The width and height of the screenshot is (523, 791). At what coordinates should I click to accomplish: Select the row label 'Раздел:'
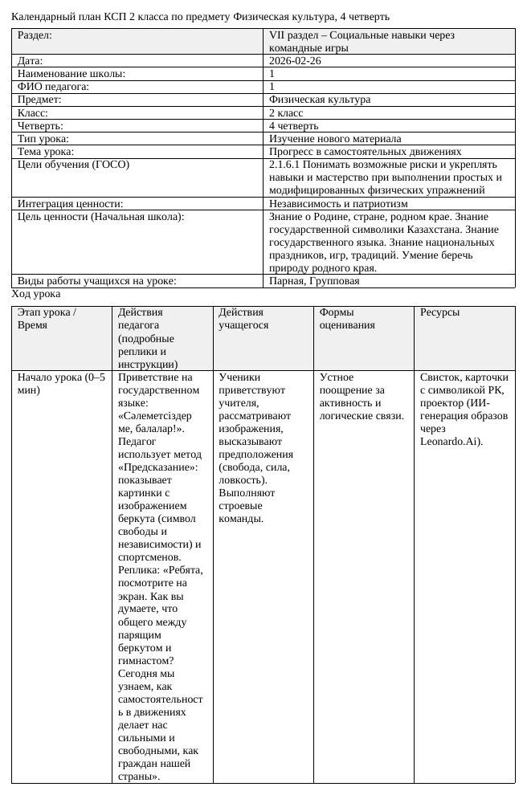(36, 36)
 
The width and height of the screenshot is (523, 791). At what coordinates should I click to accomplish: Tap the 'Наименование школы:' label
(72, 74)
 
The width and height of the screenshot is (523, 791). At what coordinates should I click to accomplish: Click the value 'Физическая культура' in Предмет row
(320, 100)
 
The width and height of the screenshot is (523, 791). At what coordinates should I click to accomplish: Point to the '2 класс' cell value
(286, 113)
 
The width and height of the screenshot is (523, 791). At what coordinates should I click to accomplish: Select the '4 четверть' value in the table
(293, 126)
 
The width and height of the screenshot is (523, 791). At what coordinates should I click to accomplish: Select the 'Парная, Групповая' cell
(314, 281)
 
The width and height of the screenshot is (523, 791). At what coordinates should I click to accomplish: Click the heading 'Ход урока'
(36, 295)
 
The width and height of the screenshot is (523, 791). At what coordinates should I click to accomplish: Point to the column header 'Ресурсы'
(439, 312)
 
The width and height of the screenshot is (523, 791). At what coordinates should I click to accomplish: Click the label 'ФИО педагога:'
(53, 87)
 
